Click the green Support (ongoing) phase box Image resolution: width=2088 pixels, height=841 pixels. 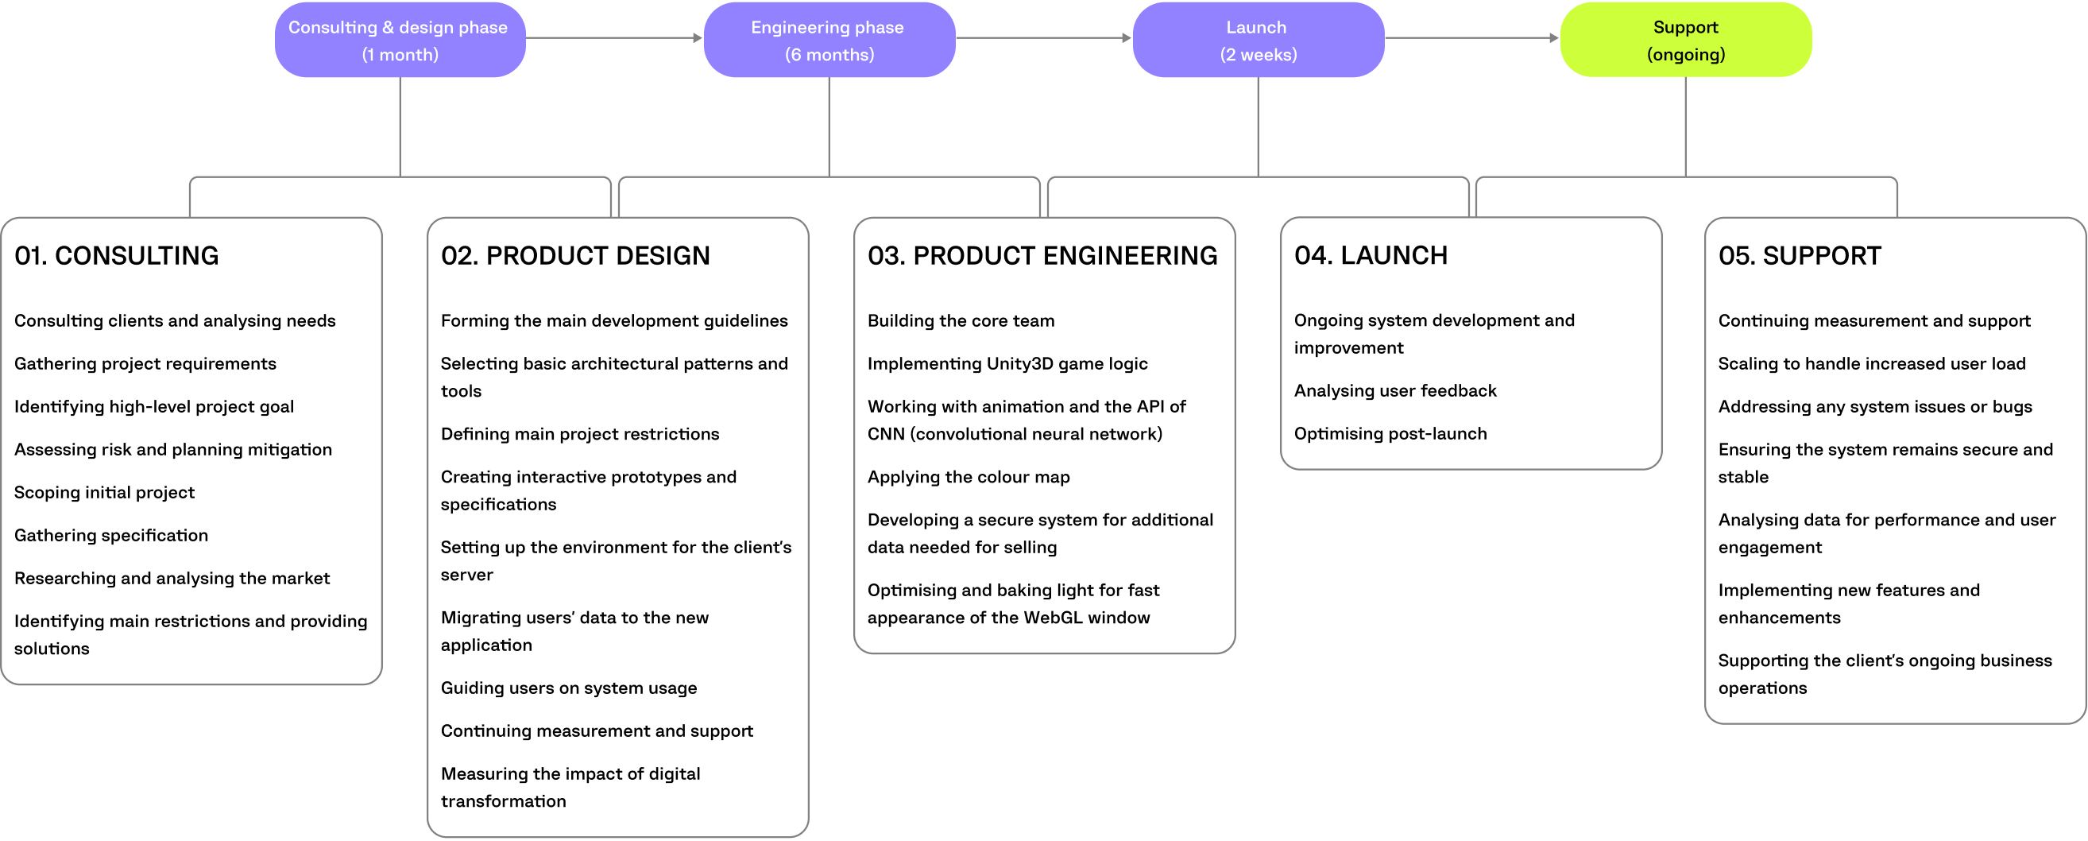(x=1685, y=40)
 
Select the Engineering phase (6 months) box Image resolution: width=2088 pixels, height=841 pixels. (x=829, y=40)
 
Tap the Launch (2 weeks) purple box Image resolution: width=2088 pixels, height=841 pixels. (x=1257, y=40)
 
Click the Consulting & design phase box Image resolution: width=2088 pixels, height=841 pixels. (x=400, y=40)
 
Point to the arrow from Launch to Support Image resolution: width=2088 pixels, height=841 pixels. (x=1471, y=37)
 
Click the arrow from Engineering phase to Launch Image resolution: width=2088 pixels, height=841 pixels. (x=1043, y=37)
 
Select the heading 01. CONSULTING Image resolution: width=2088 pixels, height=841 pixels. (x=117, y=255)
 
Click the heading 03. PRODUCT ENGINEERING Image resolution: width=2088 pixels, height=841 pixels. (x=1042, y=255)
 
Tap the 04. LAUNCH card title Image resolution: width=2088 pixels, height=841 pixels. (x=1370, y=255)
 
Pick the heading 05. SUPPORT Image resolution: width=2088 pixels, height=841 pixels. (x=1799, y=255)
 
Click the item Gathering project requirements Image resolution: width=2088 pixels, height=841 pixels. (x=145, y=363)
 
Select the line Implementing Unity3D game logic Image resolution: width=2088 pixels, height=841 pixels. (x=1007, y=363)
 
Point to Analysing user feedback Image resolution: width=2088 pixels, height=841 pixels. (x=1394, y=391)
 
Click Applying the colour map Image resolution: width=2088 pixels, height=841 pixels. (x=968, y=477)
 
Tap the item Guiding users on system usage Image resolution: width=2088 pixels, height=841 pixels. (x=568, y=688)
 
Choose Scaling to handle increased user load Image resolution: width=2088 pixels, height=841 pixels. (x=1871, y=363)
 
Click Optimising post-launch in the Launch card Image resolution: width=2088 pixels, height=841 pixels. (x=1390, y=434)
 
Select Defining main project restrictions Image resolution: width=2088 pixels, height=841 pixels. (x=579, y=434)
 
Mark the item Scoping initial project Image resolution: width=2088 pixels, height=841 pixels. (x=105, y=492)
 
